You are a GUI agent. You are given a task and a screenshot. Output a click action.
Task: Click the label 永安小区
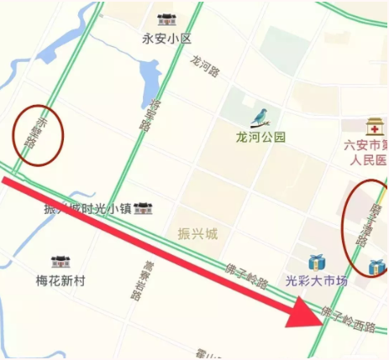[167, 39]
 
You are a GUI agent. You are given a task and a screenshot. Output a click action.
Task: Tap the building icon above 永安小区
[166, 20]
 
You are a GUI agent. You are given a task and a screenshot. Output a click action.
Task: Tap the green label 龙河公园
[260, 137]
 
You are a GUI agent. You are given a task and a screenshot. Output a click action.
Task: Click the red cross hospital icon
[375, 126]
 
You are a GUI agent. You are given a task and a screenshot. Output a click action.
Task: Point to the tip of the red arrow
[323, 320]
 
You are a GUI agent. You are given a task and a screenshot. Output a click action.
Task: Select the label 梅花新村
[60, 280]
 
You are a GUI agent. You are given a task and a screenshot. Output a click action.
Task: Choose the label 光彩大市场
[316, 280]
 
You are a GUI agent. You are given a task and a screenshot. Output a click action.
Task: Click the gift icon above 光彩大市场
[316, 262]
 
